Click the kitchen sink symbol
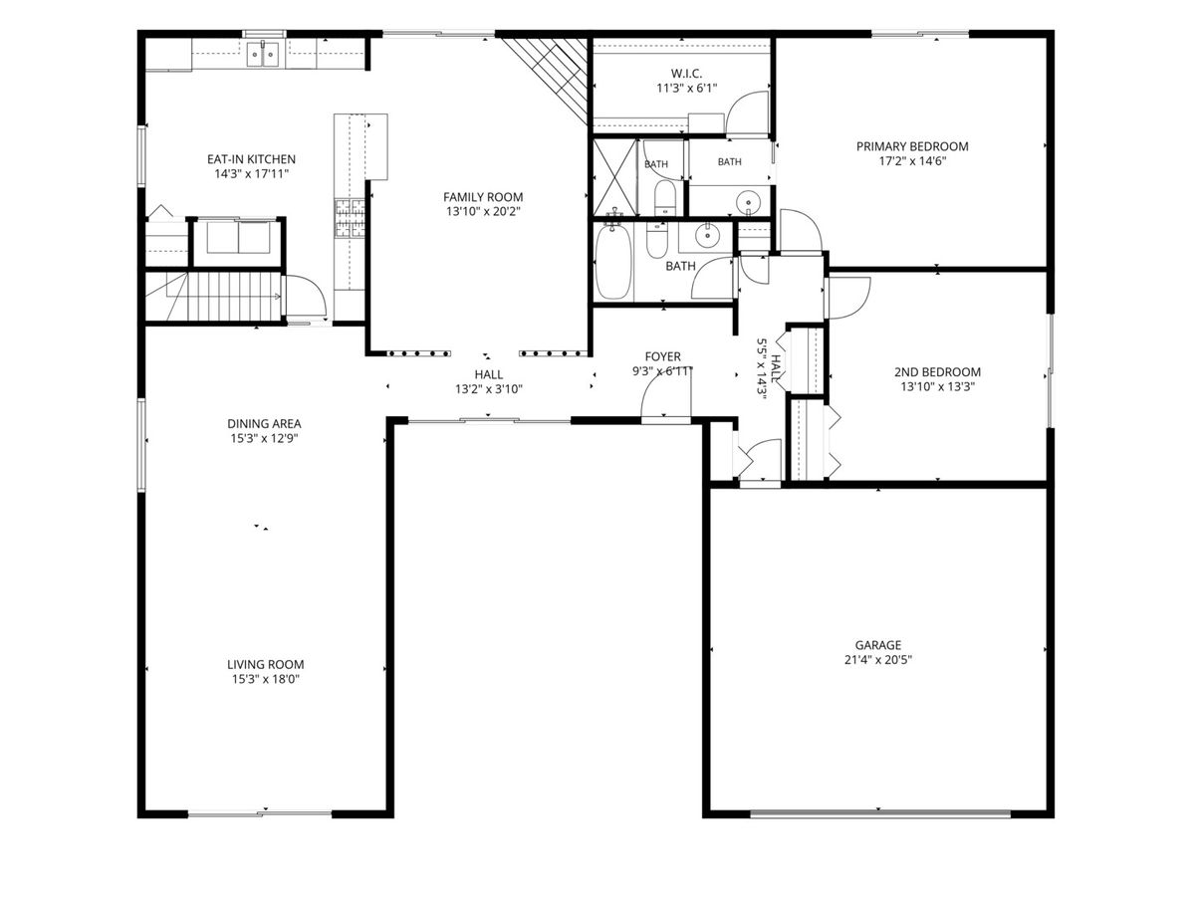pyautogui.click(x=263, y=55)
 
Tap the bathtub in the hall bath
pyautogui.click(x=613, y=262)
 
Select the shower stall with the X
pyautogui.click(x=614, y=177)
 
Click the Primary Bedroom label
pyautogui.click(x=912, y=146)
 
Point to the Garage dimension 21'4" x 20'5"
pyautogui.click(x=878, y=660)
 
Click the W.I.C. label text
pyautogui.click(x=686, y=73)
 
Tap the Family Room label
pyautogui.click(x=483, y=197)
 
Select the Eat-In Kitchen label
pyautogui.click(x=251, y=159)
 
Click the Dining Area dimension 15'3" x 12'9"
pyautogui.click(x=264, y=438)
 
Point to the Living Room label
pyautogui.click(x=265, y=664)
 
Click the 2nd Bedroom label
pyautogui.click(x=937, y=372)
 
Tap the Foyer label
pyautogui.click(x=662, y=356)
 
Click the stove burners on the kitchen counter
pyautogui.click(x=350, y=218)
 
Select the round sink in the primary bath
pyautogui.click(x=749, y=202)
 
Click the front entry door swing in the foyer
pyautogui.click(x=666, y=393)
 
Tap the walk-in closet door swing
pyautogui.click(x=747, y=113)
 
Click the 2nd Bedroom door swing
pyautogui.click(x=848, y=299)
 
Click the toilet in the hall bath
pyautogui.click(x=656, y=240)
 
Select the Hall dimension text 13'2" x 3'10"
pyautogui.click(x=489, y=389)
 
